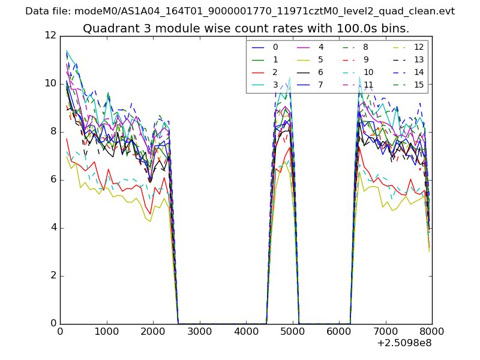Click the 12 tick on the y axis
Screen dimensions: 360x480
pyautogui.click(x=50, y=35)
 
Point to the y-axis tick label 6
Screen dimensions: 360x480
pyautogui.click(x=53, y=179)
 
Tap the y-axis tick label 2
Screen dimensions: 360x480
pyautogui.click(x=53, y=275)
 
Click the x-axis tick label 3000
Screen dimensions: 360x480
pyautogui.click(x=199, y=331)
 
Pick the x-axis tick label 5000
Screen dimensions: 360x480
pyautogui.click(x=292, y=331)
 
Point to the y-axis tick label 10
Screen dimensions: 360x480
pyautogui.click(x=50, y=83)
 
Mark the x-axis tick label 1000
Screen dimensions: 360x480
pyautogui.click(x=106, y=331)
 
